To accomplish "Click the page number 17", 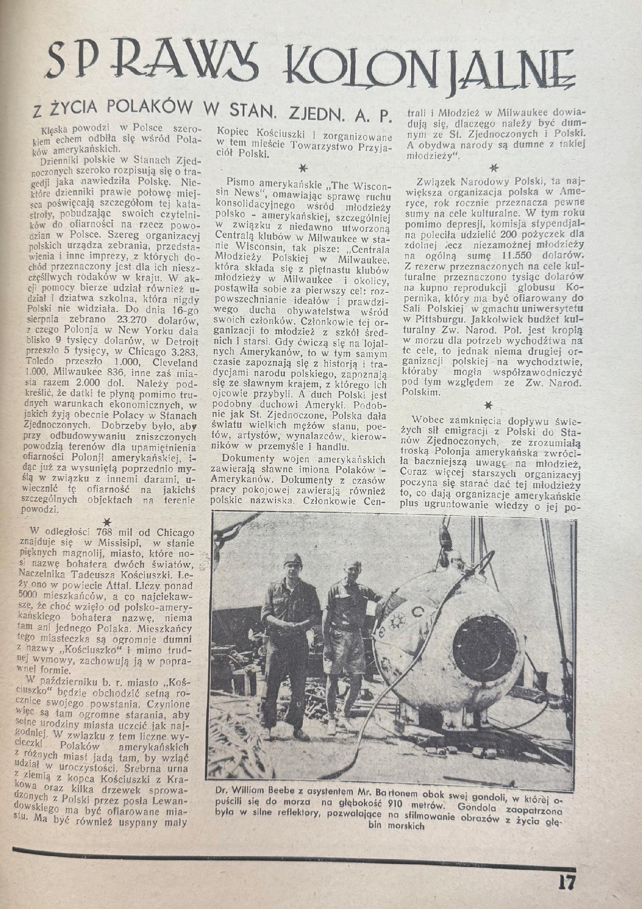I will click(x=566, y=881).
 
